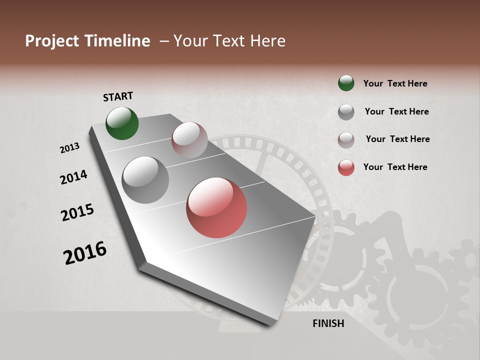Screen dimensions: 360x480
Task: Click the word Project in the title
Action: coord(52,41)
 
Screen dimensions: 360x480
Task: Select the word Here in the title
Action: coord(267,41)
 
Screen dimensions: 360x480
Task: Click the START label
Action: coord(118,96)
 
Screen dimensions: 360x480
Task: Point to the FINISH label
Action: coord(328,323)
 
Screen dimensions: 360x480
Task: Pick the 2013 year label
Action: coord(69,148)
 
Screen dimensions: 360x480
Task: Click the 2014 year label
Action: coord(73,177)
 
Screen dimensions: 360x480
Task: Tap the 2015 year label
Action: coord(77,212)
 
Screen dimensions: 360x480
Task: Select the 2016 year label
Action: coord(85,253)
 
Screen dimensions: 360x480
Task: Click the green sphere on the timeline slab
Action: coord(122,123)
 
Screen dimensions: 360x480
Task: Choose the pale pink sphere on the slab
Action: coord(189,139)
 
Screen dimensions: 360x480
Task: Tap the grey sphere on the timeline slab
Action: coord(145,179)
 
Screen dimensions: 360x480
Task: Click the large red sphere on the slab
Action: coord(216,207)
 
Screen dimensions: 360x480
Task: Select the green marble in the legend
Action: coord(346,83)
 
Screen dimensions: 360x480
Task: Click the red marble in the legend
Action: coord(346,167)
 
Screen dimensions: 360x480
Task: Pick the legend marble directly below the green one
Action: coord(346,112)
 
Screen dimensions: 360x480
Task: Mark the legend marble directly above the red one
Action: coord(346,140)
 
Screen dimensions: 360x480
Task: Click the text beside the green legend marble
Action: coord(395,83)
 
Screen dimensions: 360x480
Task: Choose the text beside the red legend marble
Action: coord(395,167)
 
